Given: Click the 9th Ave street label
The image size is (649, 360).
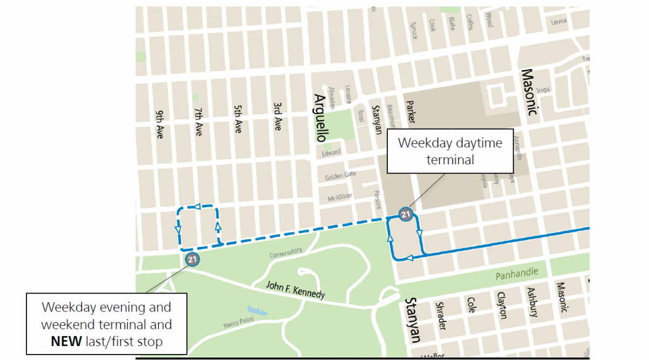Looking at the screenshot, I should pyautogui.click(x=160, y=125).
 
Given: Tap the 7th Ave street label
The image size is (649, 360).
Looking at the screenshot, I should pyautogui.click(x=198, y=122).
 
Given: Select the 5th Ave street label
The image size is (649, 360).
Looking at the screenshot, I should pyautogui.click(x=237, y=119).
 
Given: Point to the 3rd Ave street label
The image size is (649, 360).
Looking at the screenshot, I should pyautogui.click(x=277, y=116).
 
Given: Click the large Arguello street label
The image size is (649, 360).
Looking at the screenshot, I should pyautogui.click(x=320, y=118).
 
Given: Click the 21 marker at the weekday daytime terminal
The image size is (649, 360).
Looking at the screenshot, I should pyautogui.click(x=405, y=215).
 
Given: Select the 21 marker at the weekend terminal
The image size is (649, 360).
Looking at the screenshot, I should pyautogui.click(x=192, y=259).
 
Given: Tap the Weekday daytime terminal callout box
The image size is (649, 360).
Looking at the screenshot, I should pyautogui.click(x=450, y=151).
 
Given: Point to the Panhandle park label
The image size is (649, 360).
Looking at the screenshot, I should pyautogui.click(x=517, y=274).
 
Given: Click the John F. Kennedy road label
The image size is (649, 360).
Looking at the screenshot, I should pyautogui.click(x=295, y=290).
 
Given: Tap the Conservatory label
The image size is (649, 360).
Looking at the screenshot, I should pyautogui.click(x=285, y=252).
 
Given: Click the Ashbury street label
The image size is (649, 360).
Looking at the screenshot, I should pyautogui.click(x=532, y=301).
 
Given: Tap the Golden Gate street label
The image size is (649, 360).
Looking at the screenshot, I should pyautogui.click(x=341, y=176).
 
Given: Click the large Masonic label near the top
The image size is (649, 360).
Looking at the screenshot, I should pyautogui.click(x=529, y=92).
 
